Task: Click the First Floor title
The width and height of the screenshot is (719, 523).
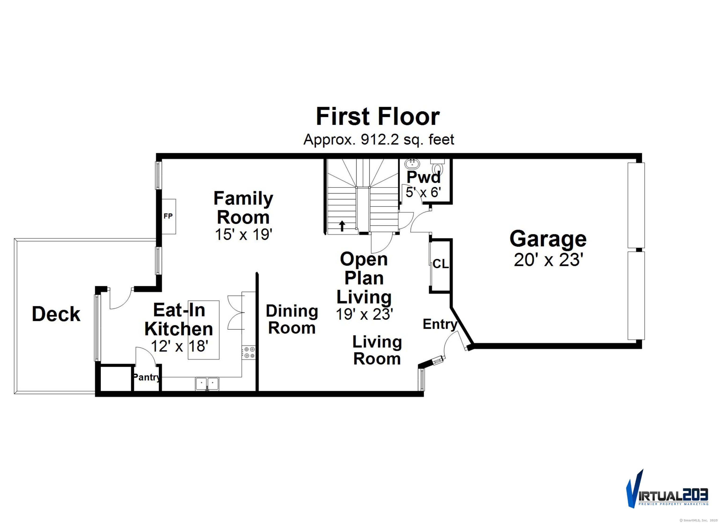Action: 378,117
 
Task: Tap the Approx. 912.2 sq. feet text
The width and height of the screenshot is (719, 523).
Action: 378,140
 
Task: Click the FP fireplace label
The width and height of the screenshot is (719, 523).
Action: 168,216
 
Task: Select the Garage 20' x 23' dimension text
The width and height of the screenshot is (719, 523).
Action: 548,260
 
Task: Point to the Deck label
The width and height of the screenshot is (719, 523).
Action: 56,314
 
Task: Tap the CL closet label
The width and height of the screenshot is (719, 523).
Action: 441,264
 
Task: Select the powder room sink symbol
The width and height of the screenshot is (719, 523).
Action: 412,164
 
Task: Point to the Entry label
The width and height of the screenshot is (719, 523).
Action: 440,324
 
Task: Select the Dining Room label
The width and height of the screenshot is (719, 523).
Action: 292,319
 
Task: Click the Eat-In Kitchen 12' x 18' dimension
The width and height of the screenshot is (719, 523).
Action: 180,346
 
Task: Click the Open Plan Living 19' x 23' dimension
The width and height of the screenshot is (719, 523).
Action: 365,314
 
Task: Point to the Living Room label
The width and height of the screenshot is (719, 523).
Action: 377,350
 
